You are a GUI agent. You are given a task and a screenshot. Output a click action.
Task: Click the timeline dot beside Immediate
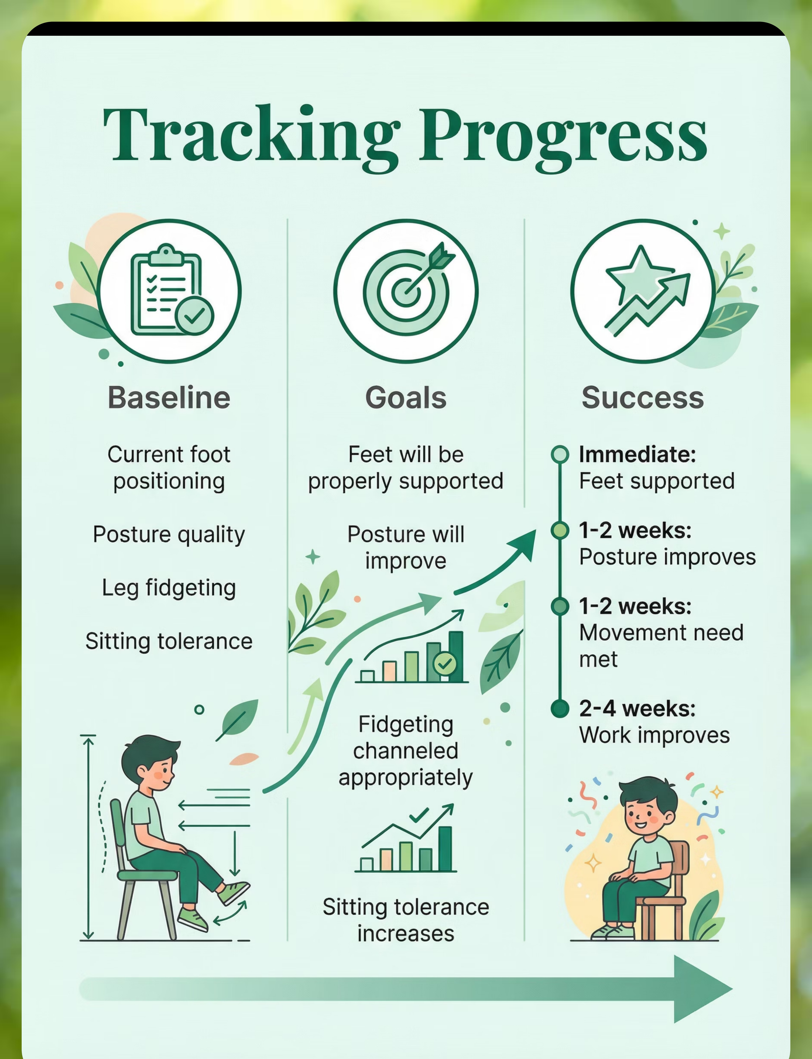pos(560,454)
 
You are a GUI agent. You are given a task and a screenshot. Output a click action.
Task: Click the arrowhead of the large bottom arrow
pos(703,989)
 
